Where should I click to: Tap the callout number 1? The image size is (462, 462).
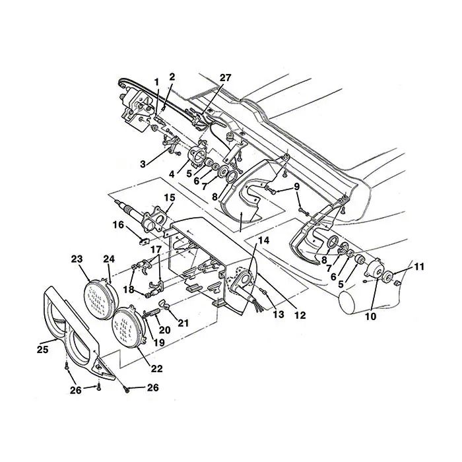156,81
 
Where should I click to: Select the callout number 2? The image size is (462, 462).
172,77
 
